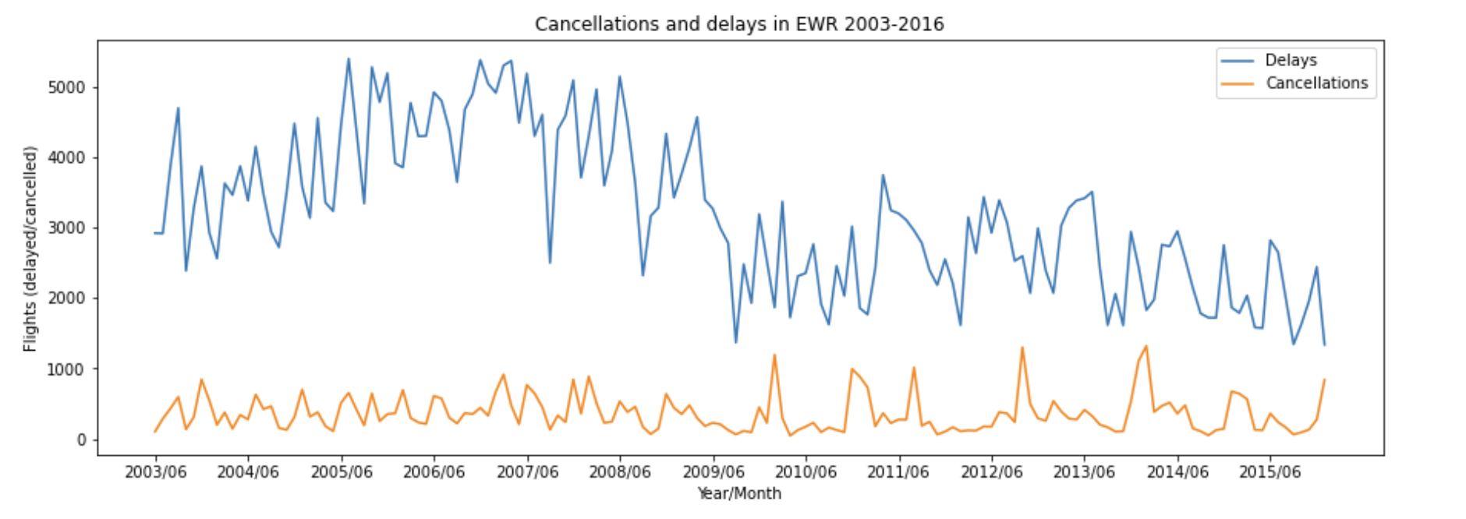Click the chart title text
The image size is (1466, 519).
[x=738, y=24]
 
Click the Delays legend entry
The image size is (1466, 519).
[x=1291, y=60]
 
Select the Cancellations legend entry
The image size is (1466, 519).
[x=1316, y=83]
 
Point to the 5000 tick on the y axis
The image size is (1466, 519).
[x=66, y=87]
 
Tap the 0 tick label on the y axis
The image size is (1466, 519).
[x=81, y=440]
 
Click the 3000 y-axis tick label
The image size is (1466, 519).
[x=66, y=228]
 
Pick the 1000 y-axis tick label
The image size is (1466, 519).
[x=66, y=369]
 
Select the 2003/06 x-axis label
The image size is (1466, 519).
[x=155, y=472]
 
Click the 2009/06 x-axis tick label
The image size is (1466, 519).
[x=713, y=472]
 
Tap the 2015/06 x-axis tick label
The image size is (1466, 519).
[x=1270, y=472]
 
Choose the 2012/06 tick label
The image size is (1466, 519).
[x=991, y=472]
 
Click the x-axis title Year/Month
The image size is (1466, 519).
[x=738, y=493]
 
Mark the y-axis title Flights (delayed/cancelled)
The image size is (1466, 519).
[x=30, y=249]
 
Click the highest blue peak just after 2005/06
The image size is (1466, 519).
[x=349, y=58]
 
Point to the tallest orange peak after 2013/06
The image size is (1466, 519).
[x=1146, y=346]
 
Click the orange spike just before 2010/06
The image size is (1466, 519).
[x=774, y=355]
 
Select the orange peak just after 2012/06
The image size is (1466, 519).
[x=1022, y=348]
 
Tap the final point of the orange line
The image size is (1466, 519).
[x=1324, y=380]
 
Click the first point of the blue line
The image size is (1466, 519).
[x=155, y=233]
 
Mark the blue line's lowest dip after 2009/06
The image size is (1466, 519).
[x=735, y=343]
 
